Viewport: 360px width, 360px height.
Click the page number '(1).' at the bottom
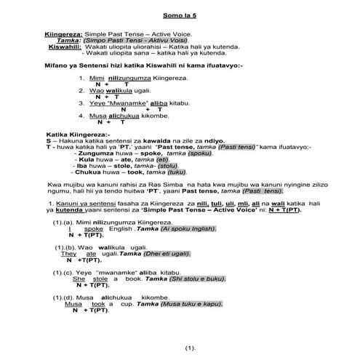tap(191, 348)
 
